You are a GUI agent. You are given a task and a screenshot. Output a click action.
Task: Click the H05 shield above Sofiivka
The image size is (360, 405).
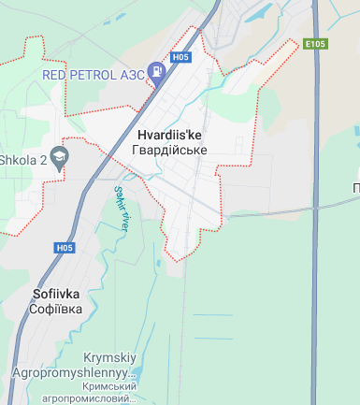(x=64, y=248)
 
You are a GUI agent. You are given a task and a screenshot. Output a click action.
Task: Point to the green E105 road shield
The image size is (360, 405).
(x=314, y=44)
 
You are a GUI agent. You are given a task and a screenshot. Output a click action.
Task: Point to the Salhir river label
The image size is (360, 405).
(x=122, y=207)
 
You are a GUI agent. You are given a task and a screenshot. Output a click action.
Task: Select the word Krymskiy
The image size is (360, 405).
(x=110, y=358)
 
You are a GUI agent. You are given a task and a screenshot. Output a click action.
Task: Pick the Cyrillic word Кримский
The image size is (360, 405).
(x=109, y=386)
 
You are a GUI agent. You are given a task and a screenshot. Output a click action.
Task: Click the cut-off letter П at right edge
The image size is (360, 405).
(x=356, y=188)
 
